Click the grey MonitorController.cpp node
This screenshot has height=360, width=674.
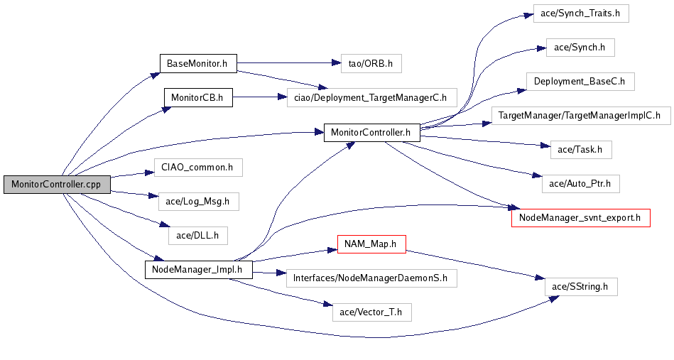(55, 184)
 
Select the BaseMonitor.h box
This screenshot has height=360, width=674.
(197, 64)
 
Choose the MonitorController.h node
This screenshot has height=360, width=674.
(372, 132)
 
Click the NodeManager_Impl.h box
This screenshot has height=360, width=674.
(198, 269)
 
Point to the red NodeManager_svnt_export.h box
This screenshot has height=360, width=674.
(581, 218)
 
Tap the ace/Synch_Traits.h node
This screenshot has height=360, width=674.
(581, 14)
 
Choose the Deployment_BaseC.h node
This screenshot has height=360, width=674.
(580, 81)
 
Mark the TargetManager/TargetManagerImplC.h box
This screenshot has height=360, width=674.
(580, 114)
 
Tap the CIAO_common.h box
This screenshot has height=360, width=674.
(198, 168)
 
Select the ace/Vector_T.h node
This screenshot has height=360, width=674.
(371, 311)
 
